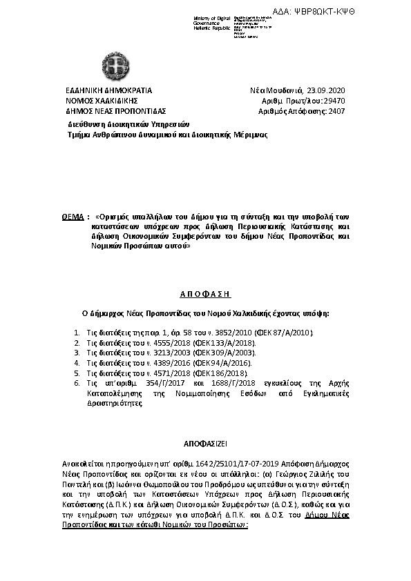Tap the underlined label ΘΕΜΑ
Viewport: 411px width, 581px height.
tap(73, 216)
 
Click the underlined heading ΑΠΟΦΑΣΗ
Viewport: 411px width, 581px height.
tap(205, 293)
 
